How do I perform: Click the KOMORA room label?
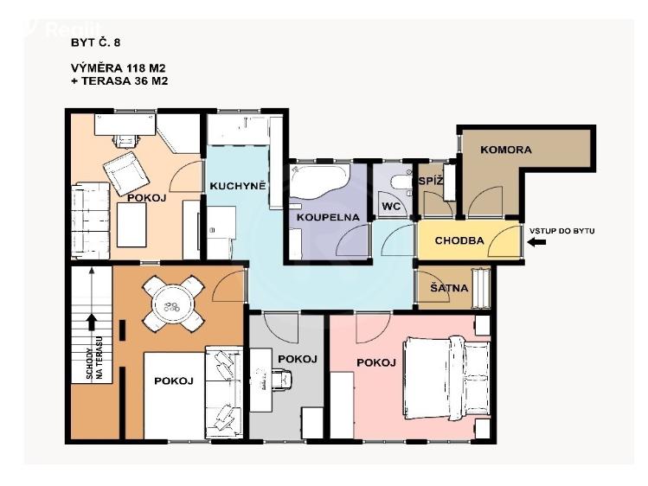pos(507,150)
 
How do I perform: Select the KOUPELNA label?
pos(321,217)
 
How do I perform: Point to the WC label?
pos(390,207)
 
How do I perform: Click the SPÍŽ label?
pos(430,181)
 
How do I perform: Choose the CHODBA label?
pos(459,240)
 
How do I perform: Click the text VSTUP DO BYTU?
pos(565,230)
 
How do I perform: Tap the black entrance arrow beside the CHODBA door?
pos(537,243)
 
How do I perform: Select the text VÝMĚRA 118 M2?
pos(119,67)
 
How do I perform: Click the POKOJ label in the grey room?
pos(298,359)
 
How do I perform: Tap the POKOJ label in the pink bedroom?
pos(375,362)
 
